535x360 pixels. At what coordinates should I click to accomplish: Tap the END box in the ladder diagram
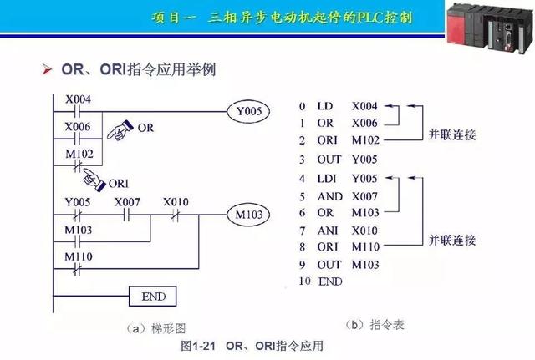pyautogui.click(x=154, y=296)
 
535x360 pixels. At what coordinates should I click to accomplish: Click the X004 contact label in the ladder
pyautogui.click(x=78, y=99)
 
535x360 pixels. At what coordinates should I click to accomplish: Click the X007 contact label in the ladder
pyautogui.click(x=127, y=202)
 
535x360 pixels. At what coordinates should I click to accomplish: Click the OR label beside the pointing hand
pyautogui.click(x=145, y=128)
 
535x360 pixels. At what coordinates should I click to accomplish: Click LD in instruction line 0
pyautogui.click(x=325, y=107)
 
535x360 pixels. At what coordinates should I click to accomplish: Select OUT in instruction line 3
pyautogui.click(x=329, y=158)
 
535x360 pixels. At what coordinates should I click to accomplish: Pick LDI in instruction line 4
pyautogui.click(x=327, y=179)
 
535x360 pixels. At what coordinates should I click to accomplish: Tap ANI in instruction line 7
pyautogui.click(x=328, y=230)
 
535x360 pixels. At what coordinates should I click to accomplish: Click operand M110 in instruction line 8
pyautogui.click(x=366, y=246)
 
